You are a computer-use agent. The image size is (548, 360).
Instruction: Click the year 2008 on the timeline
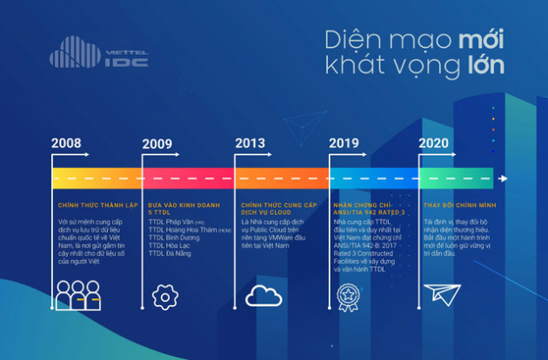point(68,144)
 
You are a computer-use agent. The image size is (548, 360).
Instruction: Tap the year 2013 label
point(251,144)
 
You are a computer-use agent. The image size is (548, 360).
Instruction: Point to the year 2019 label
point(345,144)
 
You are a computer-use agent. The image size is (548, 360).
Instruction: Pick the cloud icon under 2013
point(264,296)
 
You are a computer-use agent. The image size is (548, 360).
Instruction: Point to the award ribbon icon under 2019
point(347,297)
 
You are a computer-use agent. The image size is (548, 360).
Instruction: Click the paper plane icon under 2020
point(444,295)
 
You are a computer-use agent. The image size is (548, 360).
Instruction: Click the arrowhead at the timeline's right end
point(503,178)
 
